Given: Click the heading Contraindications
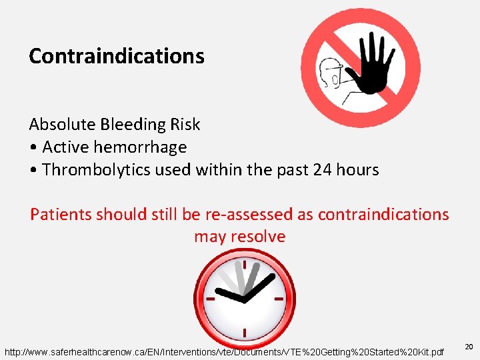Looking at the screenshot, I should (116, 56).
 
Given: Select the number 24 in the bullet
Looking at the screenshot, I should (322, 170).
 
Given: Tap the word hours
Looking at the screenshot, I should (357, 170).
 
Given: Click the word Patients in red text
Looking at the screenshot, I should (61, 215).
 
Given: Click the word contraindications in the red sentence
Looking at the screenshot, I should (383, 215).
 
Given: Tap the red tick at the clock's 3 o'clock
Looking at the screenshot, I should (279, 299).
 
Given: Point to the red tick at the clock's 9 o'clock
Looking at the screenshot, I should (210, 299).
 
